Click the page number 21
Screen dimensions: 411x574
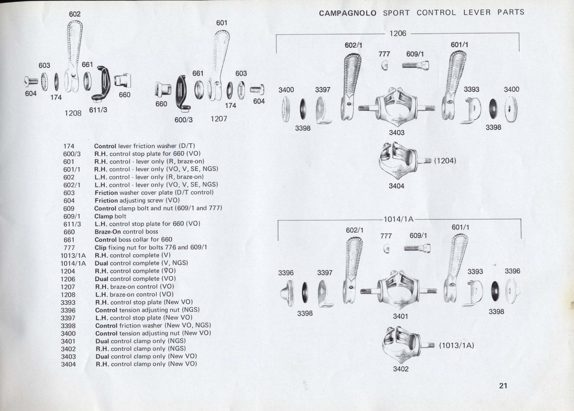pos(502,386)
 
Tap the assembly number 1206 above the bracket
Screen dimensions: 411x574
pos(397,33)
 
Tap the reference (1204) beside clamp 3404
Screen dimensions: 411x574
pos(445,161)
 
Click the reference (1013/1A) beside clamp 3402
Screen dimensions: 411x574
pos(456,345)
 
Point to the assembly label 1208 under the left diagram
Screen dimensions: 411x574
pos(73,113)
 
